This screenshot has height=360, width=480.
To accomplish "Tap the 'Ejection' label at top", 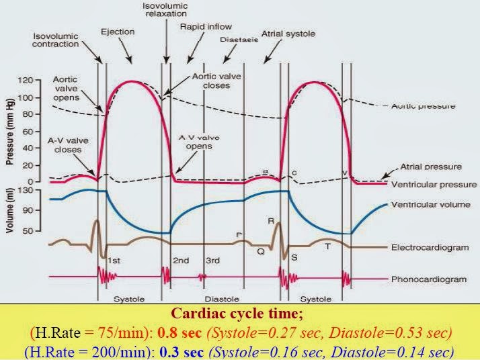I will click(x=118, y=31).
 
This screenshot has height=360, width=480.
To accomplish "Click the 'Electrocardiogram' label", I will click(x=430, y=247).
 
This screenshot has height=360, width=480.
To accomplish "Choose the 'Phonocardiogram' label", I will click(x=427, y=278).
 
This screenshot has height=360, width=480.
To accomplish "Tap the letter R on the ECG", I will click(x=271, y=220).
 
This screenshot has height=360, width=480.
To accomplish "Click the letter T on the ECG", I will click(x=327, y=246).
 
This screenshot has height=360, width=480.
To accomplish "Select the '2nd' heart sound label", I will click(x=180, y=260).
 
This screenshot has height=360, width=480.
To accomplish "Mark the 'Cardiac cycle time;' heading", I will click(x=240, y=313).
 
